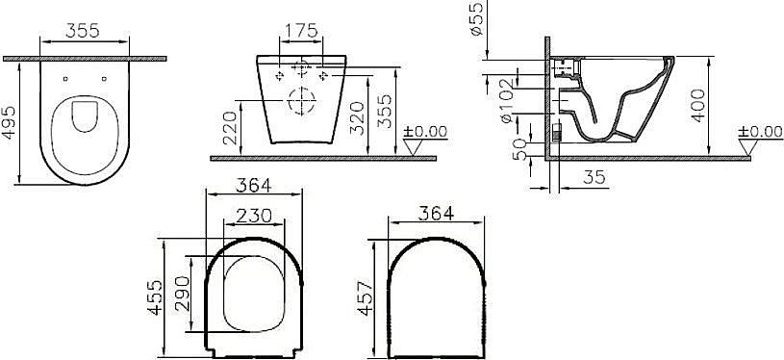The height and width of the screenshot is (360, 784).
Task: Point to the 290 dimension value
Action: click(195, 298)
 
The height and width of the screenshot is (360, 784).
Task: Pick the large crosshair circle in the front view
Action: click(302, 99)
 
